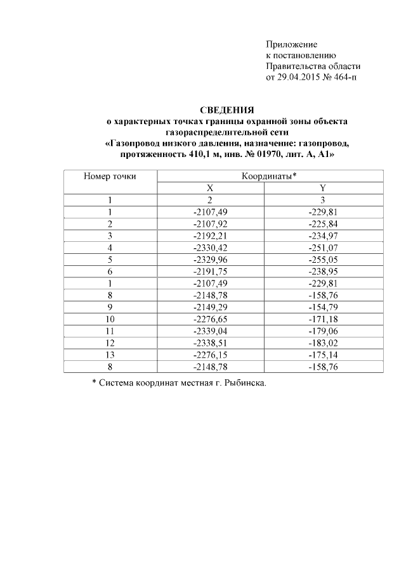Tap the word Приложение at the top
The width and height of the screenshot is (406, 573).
291,44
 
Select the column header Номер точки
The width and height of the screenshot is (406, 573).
110,177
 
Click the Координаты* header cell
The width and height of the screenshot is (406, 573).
270,177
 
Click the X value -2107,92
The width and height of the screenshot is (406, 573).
210,224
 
